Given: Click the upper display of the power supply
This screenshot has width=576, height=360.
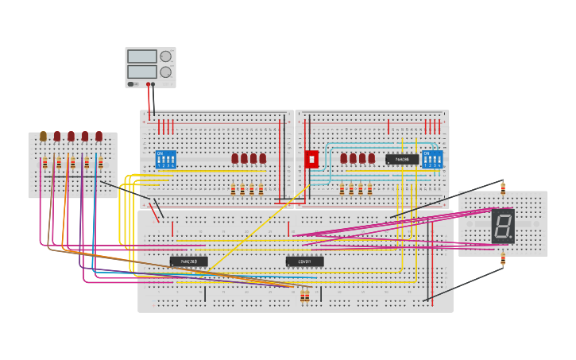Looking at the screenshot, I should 142,56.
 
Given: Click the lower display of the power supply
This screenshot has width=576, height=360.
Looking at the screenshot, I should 142,72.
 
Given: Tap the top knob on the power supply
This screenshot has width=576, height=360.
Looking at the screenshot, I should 165,56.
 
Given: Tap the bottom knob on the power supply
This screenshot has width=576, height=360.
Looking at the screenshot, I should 165,72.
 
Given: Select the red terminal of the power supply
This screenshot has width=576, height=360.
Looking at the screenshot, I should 148,84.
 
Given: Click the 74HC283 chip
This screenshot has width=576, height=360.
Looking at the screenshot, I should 188,261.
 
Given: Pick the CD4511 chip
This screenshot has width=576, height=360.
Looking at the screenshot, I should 304,261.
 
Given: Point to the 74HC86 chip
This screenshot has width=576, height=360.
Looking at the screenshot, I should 402,159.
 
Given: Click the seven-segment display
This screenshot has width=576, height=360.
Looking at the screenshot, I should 502,226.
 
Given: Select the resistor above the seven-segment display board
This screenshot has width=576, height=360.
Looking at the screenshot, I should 503,188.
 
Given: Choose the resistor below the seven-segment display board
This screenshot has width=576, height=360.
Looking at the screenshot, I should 503,259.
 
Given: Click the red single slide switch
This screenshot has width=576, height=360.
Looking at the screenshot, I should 311,159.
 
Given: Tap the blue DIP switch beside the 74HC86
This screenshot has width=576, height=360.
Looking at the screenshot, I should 432,159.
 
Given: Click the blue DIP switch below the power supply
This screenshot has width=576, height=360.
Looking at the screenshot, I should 166,159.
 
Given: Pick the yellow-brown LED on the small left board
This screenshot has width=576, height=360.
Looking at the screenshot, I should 44,137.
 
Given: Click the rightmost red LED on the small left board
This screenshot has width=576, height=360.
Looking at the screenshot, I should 99,137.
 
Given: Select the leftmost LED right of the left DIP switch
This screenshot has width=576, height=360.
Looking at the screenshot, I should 235,158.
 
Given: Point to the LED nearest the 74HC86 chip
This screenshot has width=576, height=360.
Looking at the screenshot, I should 371,158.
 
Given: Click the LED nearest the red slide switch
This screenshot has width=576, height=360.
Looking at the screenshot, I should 344,158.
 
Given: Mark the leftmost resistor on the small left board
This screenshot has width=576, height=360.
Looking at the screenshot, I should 44,163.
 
